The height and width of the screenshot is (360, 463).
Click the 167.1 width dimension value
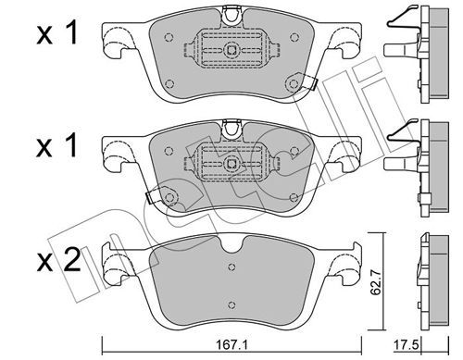(231, 345)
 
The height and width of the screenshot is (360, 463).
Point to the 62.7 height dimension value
(376, 281)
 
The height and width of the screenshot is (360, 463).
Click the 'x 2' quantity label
(58, 261)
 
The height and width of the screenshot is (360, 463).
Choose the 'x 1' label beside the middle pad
(56, 146)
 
